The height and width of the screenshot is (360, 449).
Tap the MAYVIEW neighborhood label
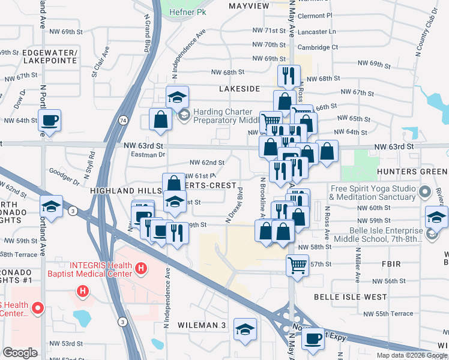(249, 6)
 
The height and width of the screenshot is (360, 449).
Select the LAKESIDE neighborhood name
(240, 89)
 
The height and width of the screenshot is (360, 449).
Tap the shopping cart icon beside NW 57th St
(298, 263)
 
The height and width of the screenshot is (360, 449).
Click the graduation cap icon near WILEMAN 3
(244, 328)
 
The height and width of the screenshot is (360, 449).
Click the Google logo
(20, 353)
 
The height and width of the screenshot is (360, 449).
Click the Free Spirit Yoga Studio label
(372, 193)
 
